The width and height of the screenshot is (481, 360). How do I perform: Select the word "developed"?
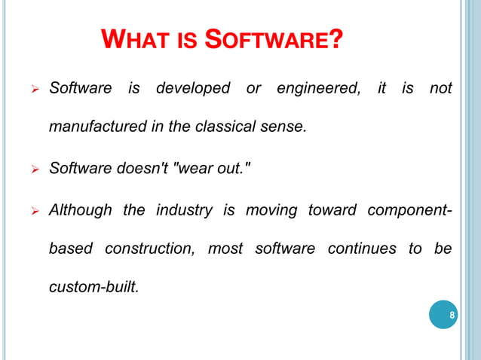[x=193, y=88]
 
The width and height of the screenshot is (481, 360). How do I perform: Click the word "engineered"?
[x=317, y=88]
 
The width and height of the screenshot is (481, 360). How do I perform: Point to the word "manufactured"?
[x=93, y=127]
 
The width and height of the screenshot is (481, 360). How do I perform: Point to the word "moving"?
[x=268, y=209]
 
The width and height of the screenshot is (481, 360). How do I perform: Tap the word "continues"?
[x=360, y=248]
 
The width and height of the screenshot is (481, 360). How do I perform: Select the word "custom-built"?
[x=93, y=286]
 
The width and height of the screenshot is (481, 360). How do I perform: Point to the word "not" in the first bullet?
[x=440, y=88]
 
